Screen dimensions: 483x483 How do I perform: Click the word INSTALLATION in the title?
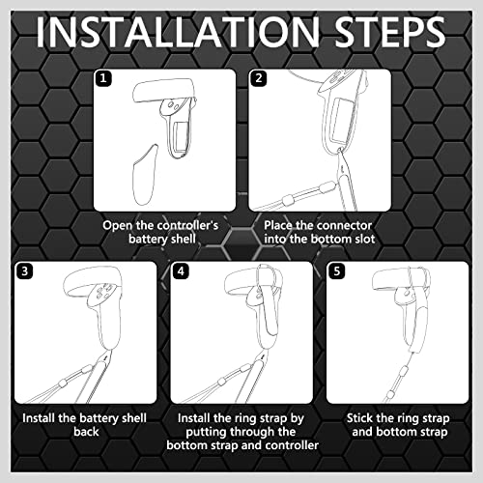(178, 32)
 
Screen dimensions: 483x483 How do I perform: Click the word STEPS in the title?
(389, 32)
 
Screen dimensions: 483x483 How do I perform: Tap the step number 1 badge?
(103, 78)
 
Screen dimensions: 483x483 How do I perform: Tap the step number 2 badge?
(259, 78)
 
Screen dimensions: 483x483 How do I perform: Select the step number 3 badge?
(25, 271)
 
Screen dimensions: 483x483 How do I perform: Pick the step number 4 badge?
(181, 271)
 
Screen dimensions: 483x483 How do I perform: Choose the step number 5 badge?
(337, 271)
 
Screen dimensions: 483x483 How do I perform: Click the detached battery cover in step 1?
(145, 175)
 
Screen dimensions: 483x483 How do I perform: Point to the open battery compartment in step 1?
(179, 136)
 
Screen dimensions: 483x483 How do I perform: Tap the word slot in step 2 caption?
(363, 239)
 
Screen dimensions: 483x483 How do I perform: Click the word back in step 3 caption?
(86, 432)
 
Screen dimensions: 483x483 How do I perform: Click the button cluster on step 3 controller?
(104, 292)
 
